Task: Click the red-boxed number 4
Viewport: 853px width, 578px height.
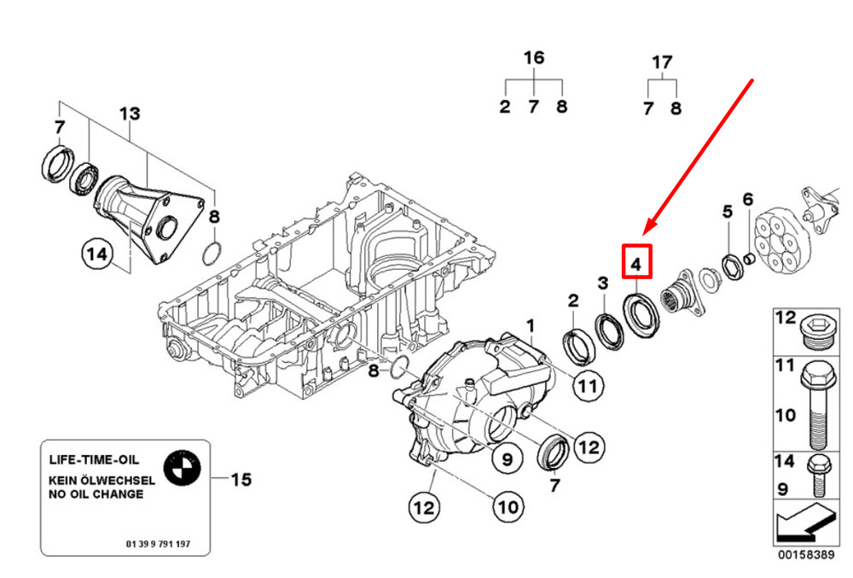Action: (636, 263)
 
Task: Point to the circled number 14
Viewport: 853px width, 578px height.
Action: (97, 253)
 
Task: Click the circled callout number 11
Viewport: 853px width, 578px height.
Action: (585, 387)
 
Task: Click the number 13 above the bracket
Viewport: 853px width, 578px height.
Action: (129, 114)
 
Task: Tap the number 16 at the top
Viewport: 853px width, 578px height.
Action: (533, 58)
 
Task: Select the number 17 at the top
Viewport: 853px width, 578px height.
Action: (662, 61)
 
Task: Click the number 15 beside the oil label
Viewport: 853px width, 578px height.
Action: (241, 480)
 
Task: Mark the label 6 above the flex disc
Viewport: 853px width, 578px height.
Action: (748, 200)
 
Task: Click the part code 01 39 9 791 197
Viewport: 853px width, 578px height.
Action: (158, 543)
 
